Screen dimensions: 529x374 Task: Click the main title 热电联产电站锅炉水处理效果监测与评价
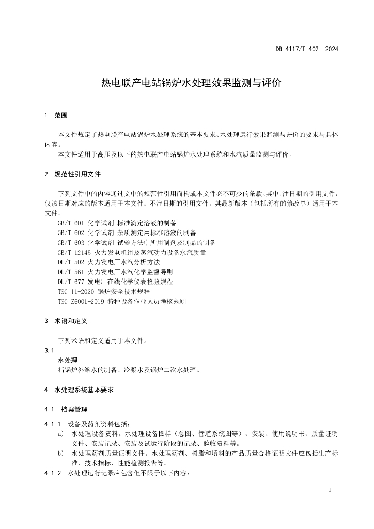coord(191,83)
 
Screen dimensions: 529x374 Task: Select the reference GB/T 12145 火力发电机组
coord(132,252)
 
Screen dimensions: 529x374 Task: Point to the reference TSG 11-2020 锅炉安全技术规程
coord(103,291)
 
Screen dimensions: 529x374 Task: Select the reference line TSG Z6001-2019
coord(121,301)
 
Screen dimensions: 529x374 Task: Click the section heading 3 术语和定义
coord(67,321)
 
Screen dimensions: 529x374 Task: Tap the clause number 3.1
coord(49,351)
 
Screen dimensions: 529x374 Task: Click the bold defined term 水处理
coord(68,360)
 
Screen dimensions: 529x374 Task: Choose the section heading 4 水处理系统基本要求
coord(80,390)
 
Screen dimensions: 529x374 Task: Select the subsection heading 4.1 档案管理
coord(68,409)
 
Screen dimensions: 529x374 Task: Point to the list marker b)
coord(61,453)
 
